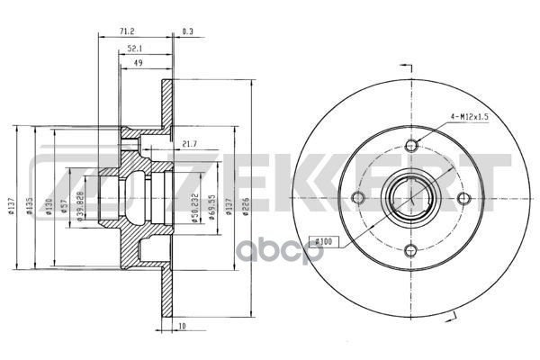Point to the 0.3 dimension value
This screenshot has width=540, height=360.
click(x=188, y=31)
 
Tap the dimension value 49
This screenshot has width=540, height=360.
click(x=136, y=64)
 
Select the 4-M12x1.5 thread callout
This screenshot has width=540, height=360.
click(x=468, y=114)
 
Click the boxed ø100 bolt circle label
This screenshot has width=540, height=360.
click(x=322, y=242)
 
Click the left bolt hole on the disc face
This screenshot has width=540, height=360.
click(x=357, y=198)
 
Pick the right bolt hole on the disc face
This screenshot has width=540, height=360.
click(x=463, y=198)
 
